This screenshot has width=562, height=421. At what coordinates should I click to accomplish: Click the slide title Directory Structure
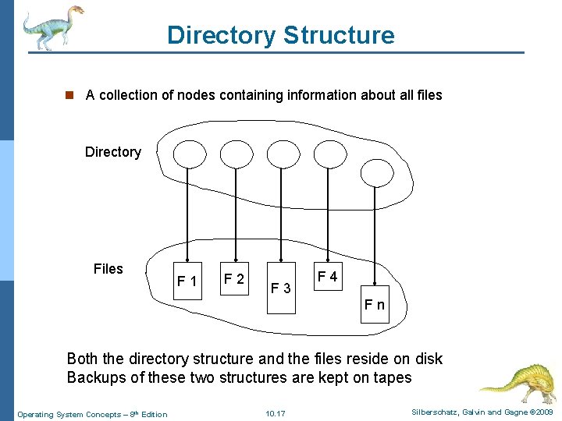(x=280, y=35)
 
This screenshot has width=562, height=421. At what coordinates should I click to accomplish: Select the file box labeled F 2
(x=234, y=278)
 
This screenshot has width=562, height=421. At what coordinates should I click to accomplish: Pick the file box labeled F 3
(x=281, y=288)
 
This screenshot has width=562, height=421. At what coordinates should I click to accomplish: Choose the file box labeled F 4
(x=327, y=277)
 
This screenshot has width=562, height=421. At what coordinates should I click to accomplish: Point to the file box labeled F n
(x=375, y=304)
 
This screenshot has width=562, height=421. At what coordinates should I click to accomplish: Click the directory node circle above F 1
(x=188, y=154)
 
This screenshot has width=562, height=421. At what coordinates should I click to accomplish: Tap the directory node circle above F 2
(x=236, y=154)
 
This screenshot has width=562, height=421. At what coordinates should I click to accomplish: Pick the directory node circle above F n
(x=376, y=173)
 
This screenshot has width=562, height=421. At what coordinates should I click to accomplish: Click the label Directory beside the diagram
(x=113, y=152)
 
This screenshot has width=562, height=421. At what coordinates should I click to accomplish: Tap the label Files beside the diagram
(x=108, y=269)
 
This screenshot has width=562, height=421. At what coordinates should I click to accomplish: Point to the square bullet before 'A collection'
(x=69, y=95)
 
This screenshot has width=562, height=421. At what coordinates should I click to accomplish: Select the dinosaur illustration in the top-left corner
(x=52, y=27)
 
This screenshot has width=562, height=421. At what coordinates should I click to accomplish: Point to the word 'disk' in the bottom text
(x=427, y=359)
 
